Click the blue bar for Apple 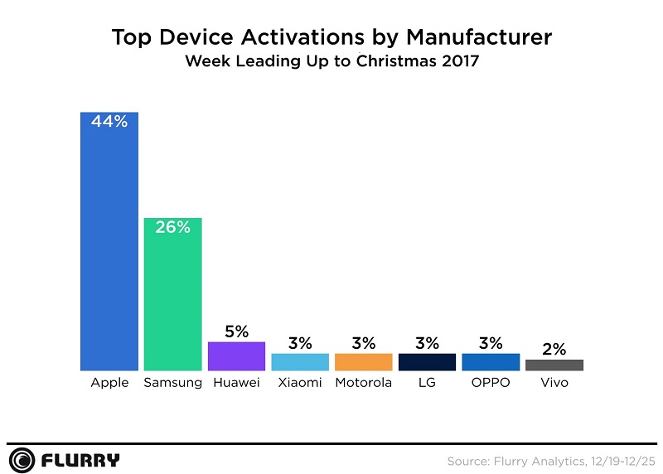109,249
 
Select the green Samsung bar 172,298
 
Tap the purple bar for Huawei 236,356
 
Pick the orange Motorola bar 363,362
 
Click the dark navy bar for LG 427,362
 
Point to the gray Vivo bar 554,365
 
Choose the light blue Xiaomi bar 300,362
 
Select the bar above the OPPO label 491,362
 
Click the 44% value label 109,122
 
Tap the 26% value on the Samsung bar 172,227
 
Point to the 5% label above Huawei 236,331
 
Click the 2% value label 554,350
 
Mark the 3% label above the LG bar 427,343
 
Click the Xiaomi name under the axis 300,383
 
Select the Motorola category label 363,383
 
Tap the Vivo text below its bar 554,383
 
